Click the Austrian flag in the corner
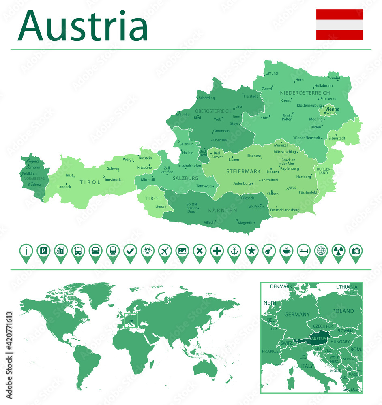click(339, 25)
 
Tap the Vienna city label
click(332, 109)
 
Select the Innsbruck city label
click(113, 179)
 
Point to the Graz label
click(293, 188)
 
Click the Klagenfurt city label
click(247, 222)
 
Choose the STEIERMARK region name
click(243, 171)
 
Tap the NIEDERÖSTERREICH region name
click(305, 93)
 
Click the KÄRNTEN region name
click(223, 211)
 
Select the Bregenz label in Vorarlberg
click(32, 161)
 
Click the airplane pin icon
click(165, 251)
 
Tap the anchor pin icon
click(234, 251)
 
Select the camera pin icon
click(356, 251)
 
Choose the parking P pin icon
click(43, 251)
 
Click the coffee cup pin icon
click(286, 251)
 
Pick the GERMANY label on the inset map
click(297, 314)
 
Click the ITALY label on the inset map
click(307, 366)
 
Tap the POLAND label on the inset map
click(343, 311)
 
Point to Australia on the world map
click(206, 368)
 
